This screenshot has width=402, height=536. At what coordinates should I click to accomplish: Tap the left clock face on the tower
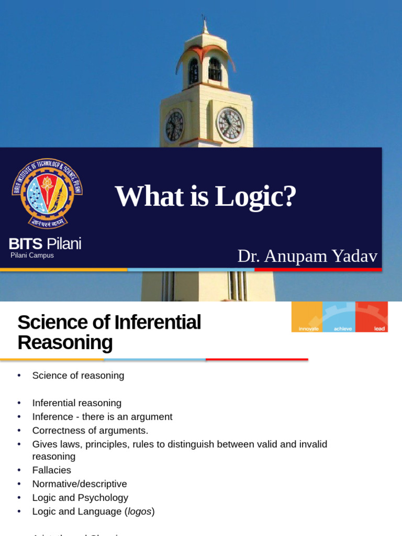pyautogui.click(x=174, y=126)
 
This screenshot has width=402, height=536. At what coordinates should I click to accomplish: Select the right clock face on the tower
pyautogui.click(x=230, y=125)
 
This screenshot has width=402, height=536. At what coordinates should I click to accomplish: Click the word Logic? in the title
pyautogui.click(x=256, y=196)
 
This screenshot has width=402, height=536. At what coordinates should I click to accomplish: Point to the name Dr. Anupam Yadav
pyautogui.click(x=307, y=256)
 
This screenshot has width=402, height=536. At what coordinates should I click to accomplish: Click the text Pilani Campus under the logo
pyautogui.click(x=32, y=255)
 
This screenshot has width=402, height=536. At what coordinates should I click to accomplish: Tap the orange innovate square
pyautogui.click(x=307, y=317)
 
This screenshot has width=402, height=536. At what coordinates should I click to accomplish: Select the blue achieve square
pyautogui.click(x=339, y=317)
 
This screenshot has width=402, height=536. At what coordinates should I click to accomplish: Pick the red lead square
pyautogui.click(x=372, y=317)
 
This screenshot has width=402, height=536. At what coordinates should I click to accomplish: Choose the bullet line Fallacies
pyautogui.click(x=51, y=470)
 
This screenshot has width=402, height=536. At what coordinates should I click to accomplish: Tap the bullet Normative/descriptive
pyautogui.click(x=80, y=484)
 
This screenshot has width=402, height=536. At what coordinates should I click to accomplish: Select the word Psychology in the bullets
pyautogui.click(x=103, y=497)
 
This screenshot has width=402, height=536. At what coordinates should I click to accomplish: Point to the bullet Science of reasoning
pyautogui.click(x=78, y=375)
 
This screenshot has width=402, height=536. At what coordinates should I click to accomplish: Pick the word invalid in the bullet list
pyautogui.click(x=312, y=444)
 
